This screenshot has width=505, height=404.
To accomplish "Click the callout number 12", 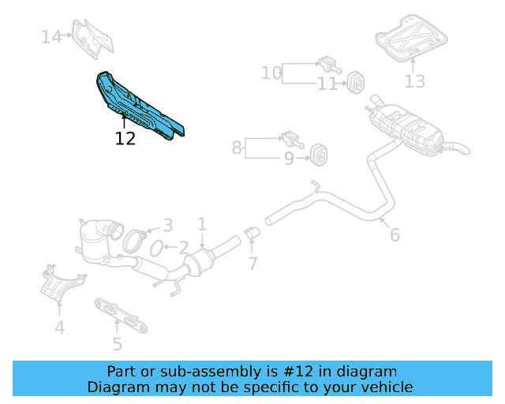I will [x=125, y=139].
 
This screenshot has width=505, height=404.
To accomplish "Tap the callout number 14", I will [x=51, y=36].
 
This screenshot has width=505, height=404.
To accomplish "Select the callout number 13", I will [x=415, y=80].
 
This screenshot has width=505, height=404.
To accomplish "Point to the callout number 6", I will [x=395, y=234].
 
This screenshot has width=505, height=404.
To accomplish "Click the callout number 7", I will [x=252, y=264].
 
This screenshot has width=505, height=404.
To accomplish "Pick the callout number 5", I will [x=117, y=344].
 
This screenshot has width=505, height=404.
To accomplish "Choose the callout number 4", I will [x=60, y=328].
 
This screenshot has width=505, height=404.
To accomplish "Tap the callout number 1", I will [x=202, y=225].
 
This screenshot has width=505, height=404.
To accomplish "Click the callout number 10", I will [x=271, y=73].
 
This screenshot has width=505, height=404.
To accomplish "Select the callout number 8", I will [x=236, y=147].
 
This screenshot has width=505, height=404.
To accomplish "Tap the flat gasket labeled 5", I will [x=122, y=314].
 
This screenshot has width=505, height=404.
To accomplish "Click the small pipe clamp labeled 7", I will [x=251, y=233].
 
